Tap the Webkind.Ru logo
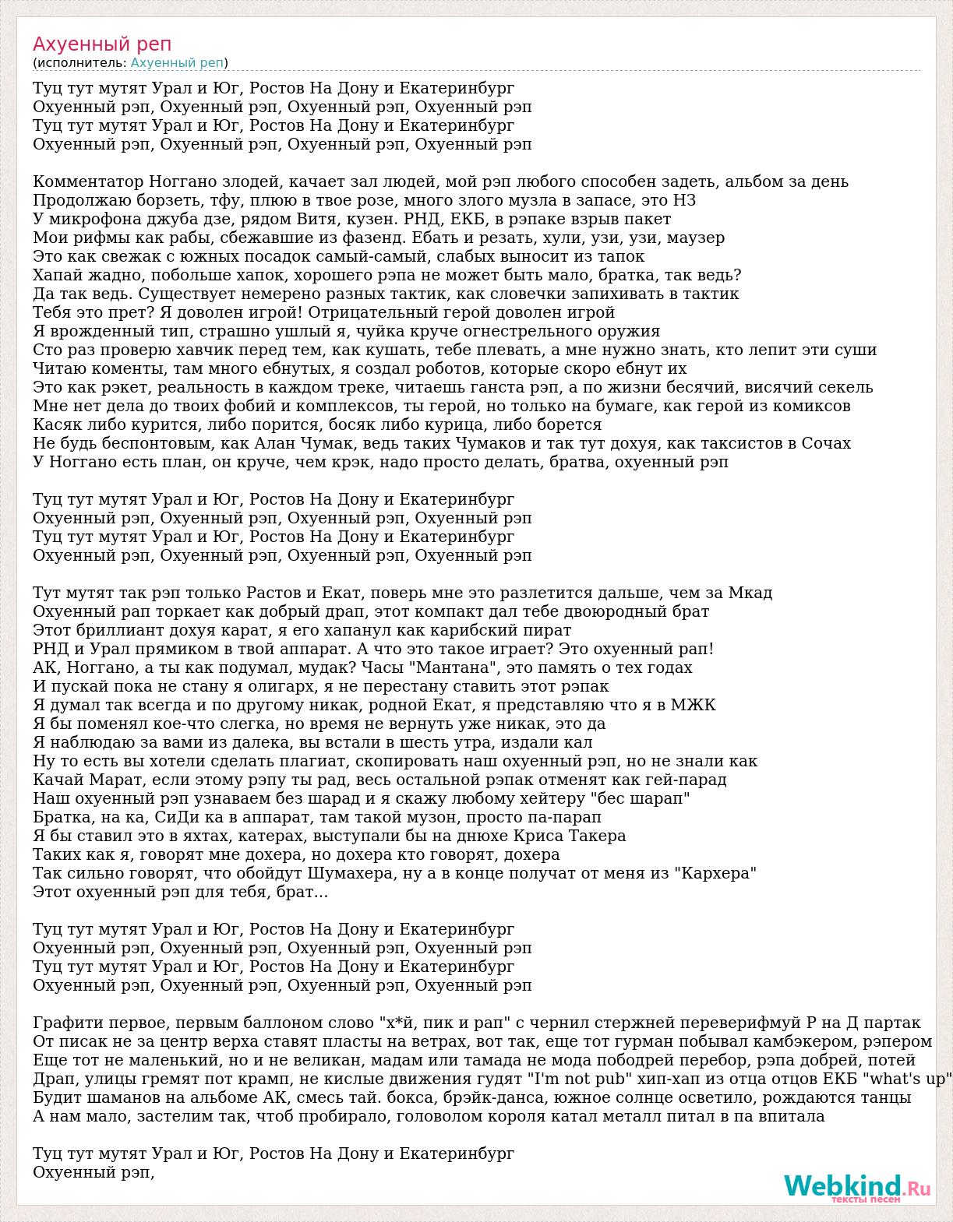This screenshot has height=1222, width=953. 857,1187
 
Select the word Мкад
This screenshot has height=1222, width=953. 750,593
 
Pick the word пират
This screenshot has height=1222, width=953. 546,631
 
